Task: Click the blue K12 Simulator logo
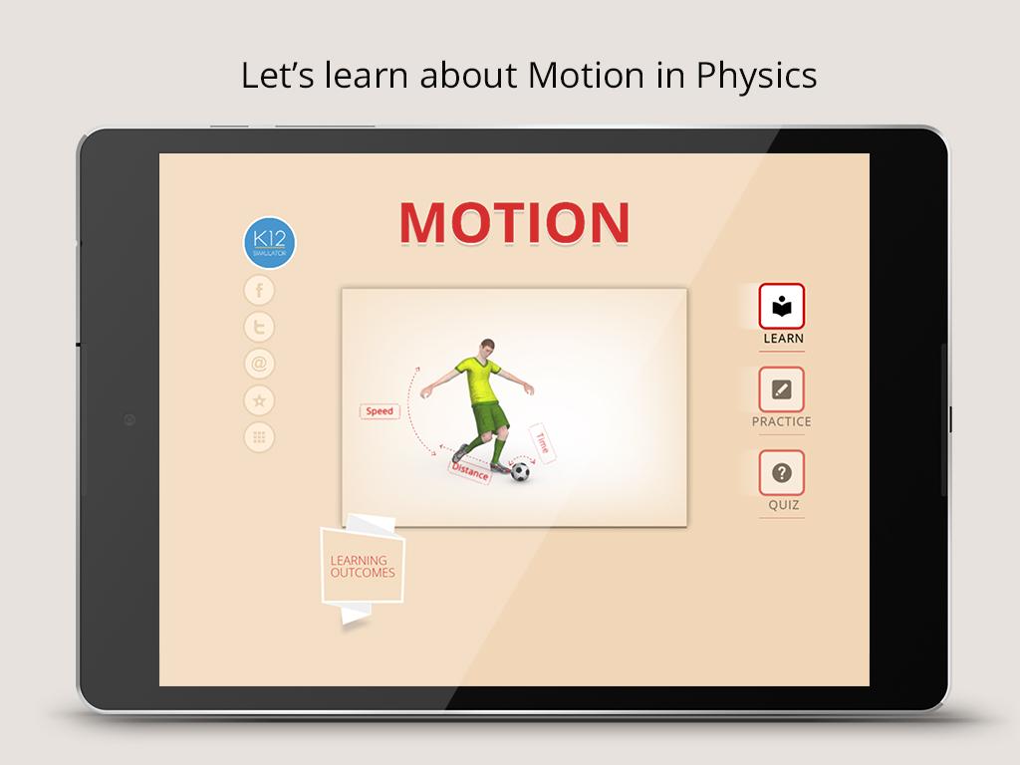point(269,243)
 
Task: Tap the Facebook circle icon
point(259,290)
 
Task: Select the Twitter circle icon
point(259,327)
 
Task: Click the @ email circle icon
point(259,364)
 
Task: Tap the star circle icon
point(259,400)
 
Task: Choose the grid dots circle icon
point(259,437)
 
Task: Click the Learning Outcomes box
point(363,566)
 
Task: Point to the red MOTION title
point(515,222)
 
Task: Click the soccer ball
point(520,471)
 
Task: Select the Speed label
point(380,411)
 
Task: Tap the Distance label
point(470,471)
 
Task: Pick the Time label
point(543,443)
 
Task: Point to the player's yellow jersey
point(479,380)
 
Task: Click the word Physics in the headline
point(757,76)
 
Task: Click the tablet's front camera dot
point(129,420)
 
